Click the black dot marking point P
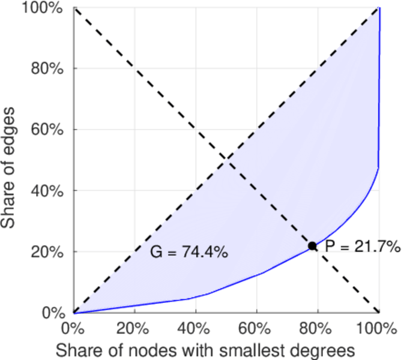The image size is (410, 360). click(x=313, y=245)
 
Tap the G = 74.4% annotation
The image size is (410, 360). click(x=188, y=253)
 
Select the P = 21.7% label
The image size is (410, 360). click(x=363, y=246)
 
